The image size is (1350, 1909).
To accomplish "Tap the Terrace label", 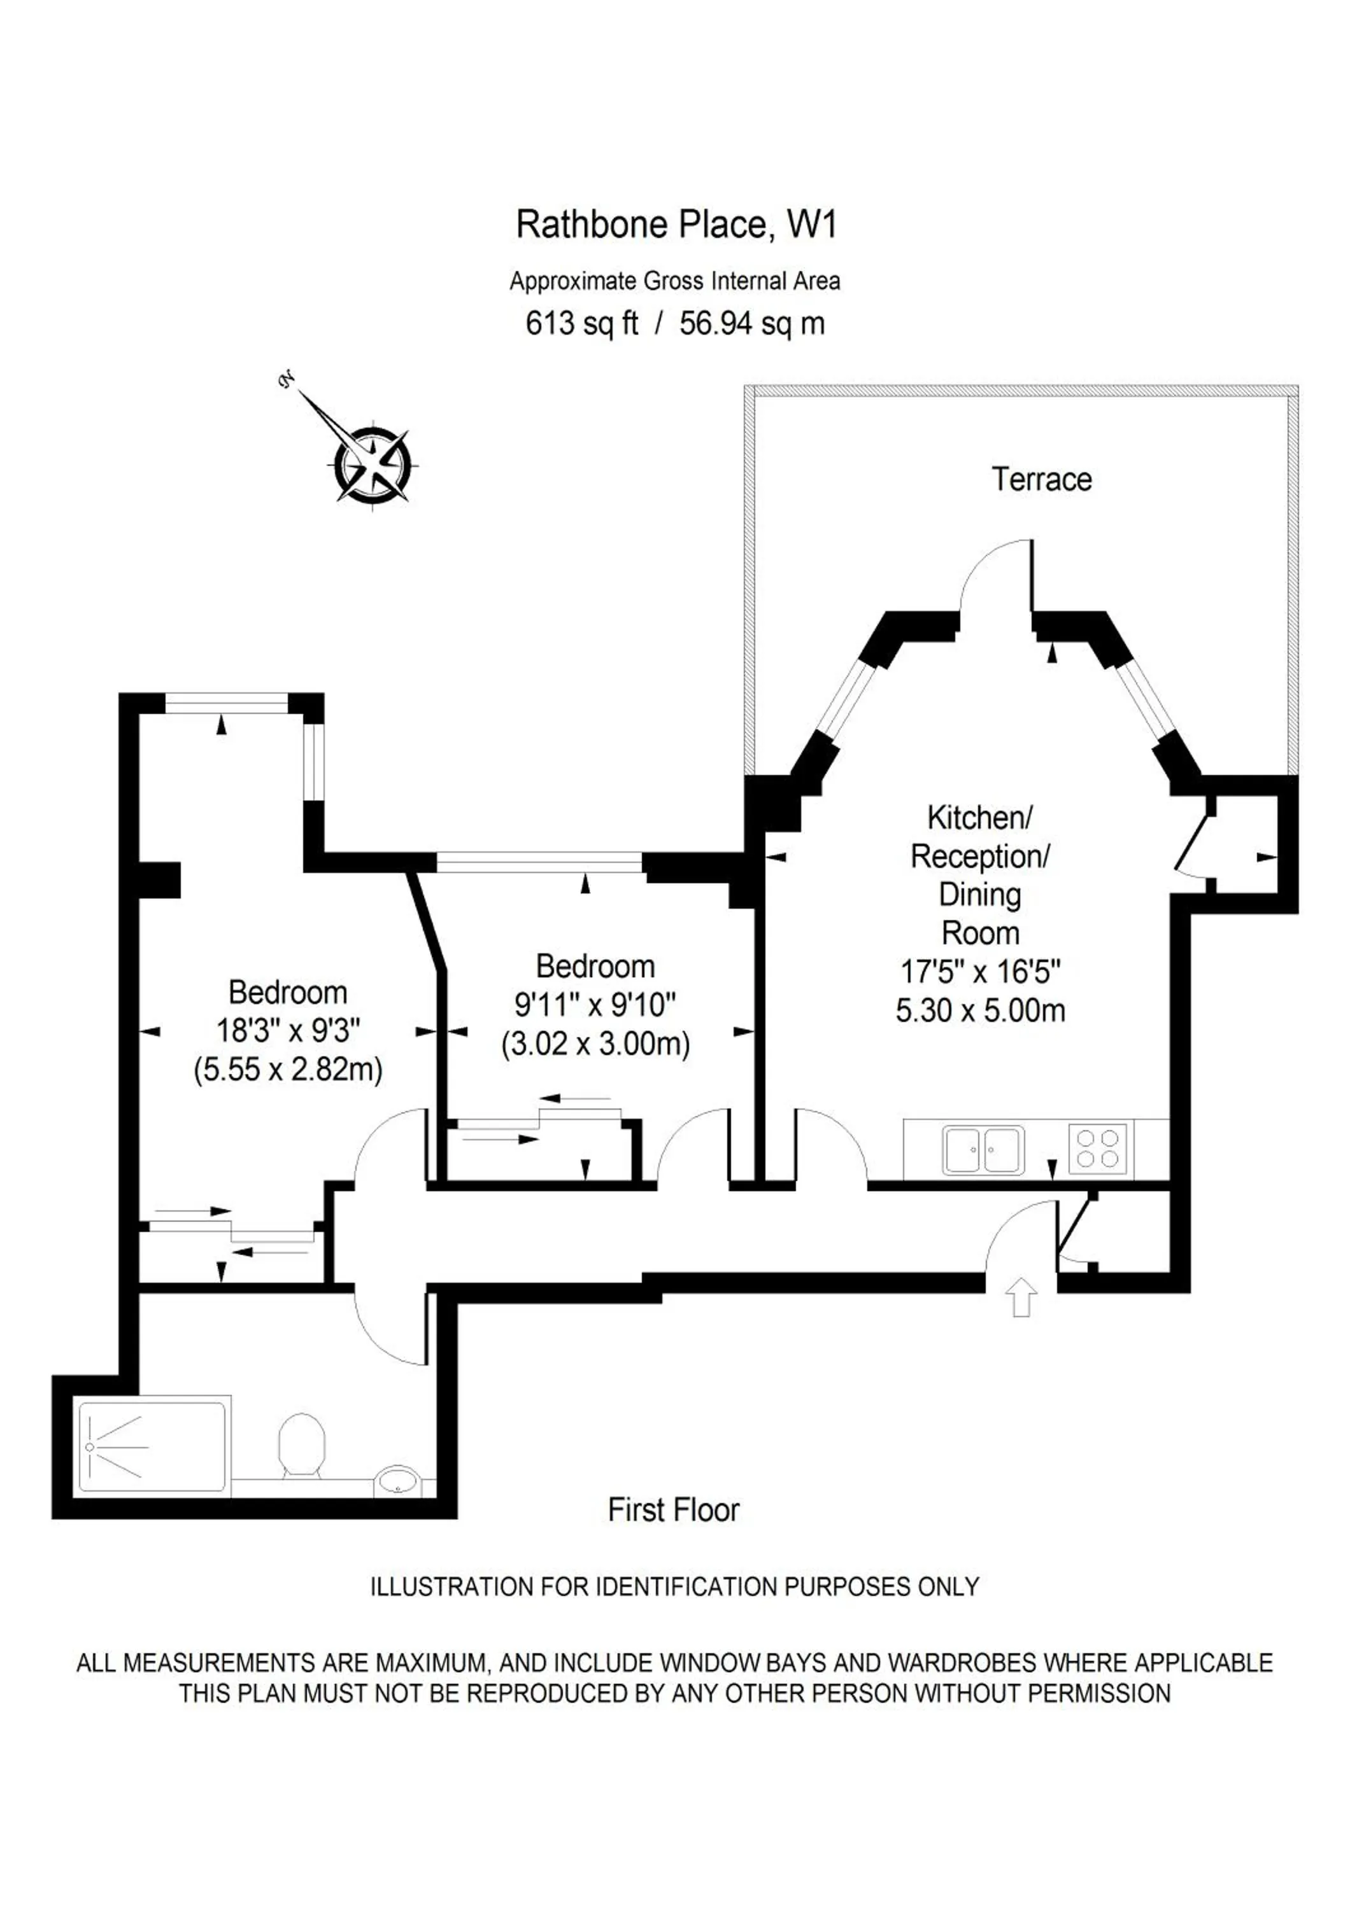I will [1041, 480].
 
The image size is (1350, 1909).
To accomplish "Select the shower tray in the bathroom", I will [152, 1448].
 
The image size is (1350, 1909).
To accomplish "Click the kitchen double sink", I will [983, 1150].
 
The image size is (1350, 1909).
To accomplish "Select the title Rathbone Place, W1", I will [676, 225].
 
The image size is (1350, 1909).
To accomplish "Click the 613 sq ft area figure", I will [581, 323].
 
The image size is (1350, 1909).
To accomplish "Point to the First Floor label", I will [673, 1510].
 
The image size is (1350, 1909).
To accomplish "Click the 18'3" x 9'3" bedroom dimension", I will [288, 1031].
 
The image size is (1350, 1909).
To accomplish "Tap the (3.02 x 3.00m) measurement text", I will [595, 1044].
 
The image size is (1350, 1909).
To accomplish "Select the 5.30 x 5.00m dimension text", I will [980, 1011].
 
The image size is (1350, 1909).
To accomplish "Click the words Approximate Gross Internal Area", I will [674, 281].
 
